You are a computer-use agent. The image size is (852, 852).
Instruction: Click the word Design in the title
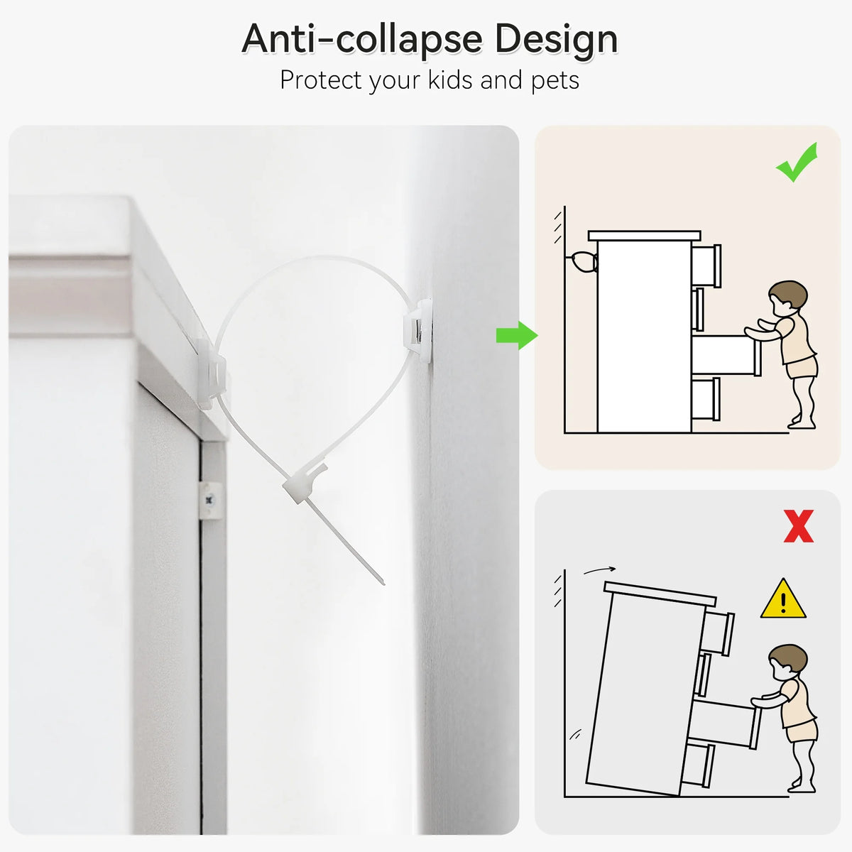(556, 40)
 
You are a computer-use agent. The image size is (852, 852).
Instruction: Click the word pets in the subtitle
(555, 81)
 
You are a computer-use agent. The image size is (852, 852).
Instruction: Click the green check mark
(796, 163)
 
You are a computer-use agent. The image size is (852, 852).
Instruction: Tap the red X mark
(799, 526)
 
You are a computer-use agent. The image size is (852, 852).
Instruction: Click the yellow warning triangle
(783, 599)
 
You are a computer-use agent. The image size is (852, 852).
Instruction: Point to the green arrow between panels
(516, 335)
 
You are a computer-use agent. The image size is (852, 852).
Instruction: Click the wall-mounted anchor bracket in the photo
(418, 330)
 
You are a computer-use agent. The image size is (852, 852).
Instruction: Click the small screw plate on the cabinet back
(209, 501)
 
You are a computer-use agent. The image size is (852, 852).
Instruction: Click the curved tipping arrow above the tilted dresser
(599, 570)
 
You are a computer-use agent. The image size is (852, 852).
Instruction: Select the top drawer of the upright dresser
(706, 266)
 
